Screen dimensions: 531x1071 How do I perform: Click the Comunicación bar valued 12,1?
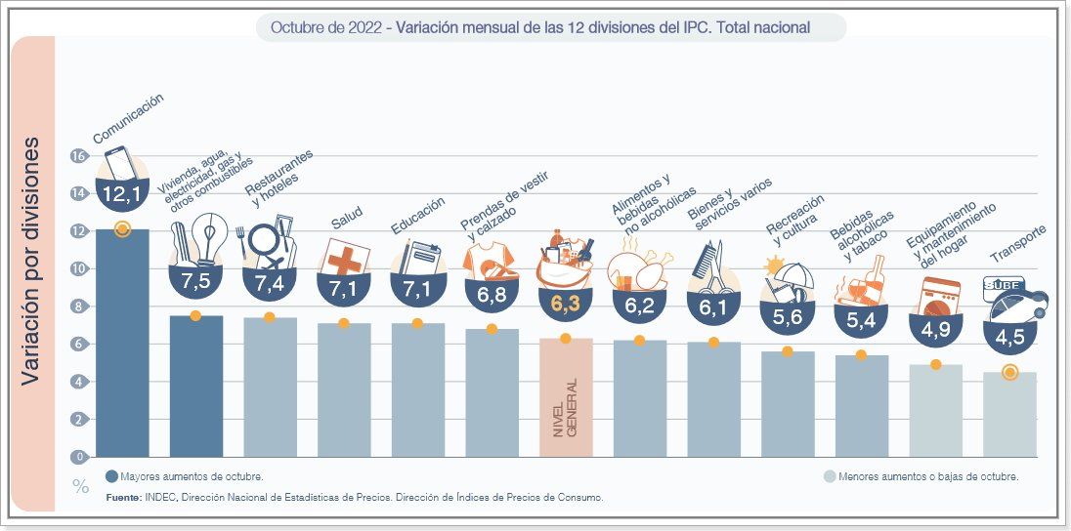[x=122, y=342]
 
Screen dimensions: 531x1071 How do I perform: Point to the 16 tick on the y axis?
[x=79, y=156]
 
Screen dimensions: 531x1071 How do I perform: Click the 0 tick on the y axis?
[x=79, y=457]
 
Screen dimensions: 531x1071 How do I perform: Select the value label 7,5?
[x=195, y=283]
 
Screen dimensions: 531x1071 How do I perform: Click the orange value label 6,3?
[x=566, y=305]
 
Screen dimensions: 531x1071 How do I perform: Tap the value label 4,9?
[x=935, y=330]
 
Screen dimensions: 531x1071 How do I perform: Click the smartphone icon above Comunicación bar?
[x=119, y=163]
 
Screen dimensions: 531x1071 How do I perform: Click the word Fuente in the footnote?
[x=124, y=498]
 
